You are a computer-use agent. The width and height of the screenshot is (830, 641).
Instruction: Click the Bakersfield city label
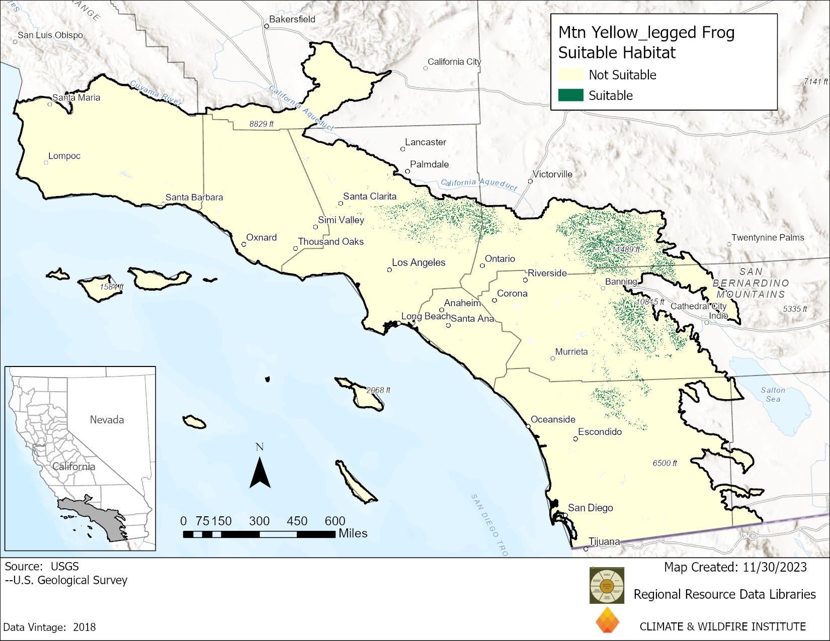292,20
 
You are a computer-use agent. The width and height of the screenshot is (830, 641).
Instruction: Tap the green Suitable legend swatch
571,95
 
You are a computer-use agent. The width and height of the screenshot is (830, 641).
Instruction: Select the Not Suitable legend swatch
571,75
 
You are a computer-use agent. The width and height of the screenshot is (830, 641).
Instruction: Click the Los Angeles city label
419,262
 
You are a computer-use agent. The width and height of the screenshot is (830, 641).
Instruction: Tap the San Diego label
590,508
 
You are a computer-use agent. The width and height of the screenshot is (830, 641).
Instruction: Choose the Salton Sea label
773,394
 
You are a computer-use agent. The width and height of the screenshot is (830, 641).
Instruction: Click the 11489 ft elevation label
626,249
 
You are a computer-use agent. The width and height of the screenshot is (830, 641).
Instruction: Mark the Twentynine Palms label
768,237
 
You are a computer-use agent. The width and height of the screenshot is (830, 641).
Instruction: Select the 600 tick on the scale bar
335,521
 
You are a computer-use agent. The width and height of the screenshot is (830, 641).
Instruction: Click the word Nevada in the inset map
107,420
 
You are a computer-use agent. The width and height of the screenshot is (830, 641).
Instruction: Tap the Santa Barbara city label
194,197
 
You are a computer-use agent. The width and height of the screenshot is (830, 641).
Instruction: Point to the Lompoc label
64,156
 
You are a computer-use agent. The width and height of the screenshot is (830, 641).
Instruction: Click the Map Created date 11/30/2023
775,567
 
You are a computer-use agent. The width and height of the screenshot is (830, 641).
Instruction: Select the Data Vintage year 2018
85,627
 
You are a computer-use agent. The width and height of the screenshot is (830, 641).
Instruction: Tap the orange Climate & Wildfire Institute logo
607,620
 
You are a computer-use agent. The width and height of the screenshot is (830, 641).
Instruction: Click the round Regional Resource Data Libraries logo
607,585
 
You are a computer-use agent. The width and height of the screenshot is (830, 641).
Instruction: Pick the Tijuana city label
604,541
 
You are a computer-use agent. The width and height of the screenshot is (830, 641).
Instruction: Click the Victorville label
552,174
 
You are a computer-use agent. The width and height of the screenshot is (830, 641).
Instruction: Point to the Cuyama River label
156,93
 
